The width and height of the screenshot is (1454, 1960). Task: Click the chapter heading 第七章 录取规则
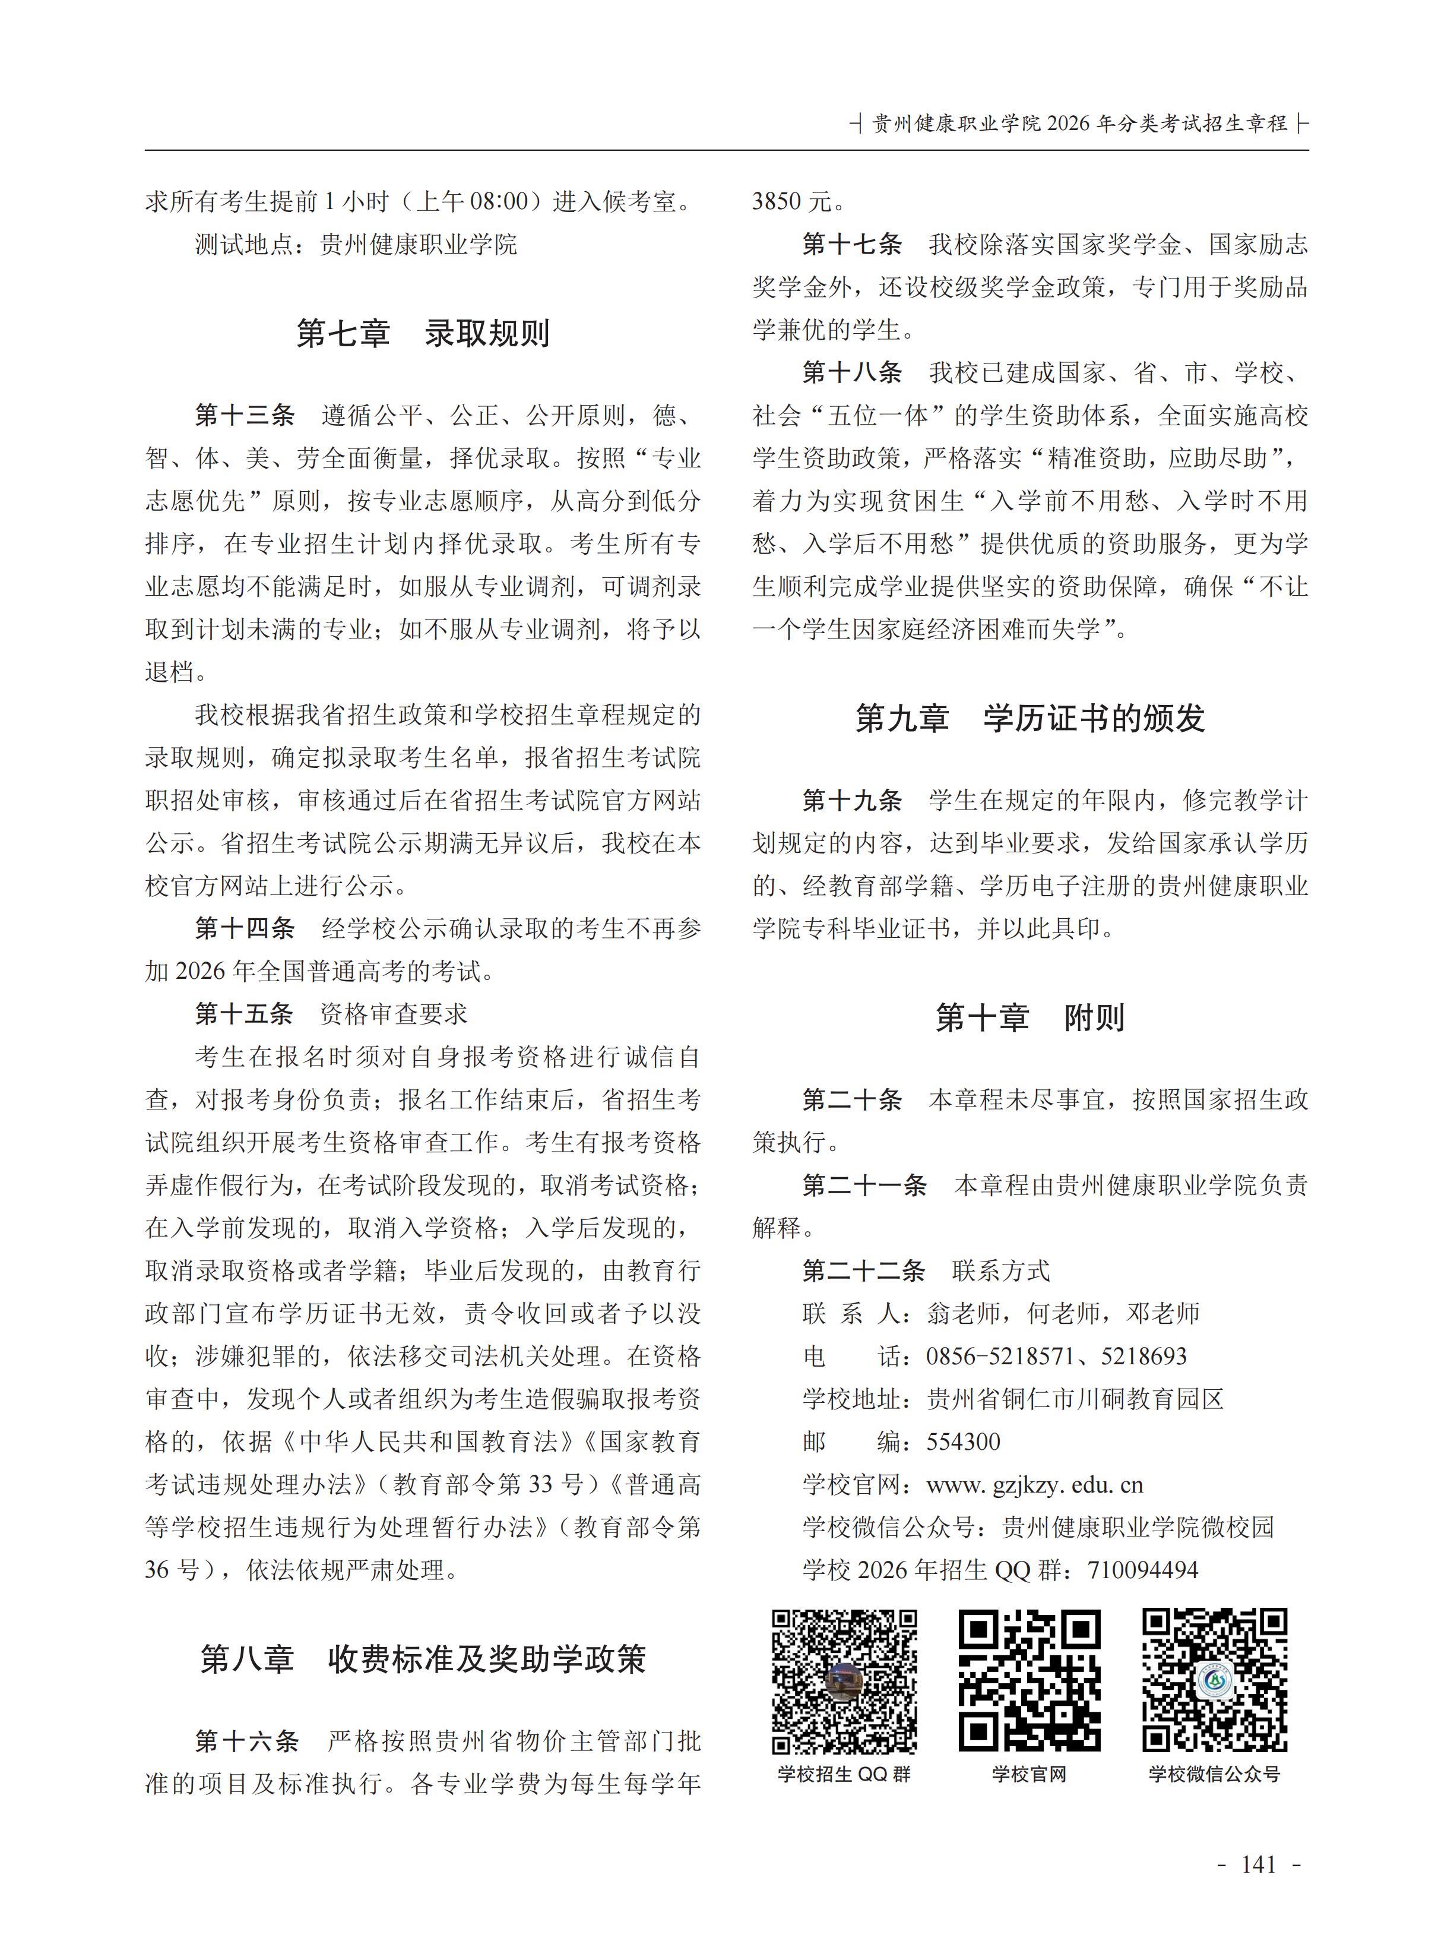click(423, 334)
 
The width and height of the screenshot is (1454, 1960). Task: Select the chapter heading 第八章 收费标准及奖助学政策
click(423, 1659)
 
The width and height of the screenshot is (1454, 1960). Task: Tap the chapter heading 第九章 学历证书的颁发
click(1029, 719)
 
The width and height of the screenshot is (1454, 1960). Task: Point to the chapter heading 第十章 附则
click(1029, 1018)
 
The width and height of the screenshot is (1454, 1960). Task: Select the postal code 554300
click(963, 1442)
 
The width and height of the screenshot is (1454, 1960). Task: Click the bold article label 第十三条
click(245, 416)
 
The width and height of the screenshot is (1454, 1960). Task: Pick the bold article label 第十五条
click(244, 1014)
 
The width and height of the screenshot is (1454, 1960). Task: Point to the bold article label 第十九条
click(852, 801)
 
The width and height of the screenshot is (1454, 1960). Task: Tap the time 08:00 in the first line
click(499, 201)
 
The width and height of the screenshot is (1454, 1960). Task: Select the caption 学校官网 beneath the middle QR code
click(1029, 1774)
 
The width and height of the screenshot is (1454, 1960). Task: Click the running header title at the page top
click(1079, 124)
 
